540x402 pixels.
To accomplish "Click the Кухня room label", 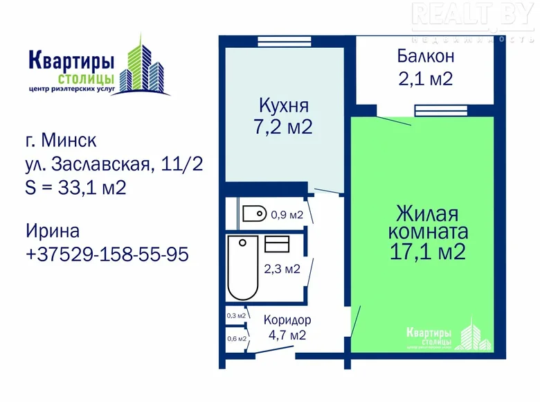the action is pos(284,105).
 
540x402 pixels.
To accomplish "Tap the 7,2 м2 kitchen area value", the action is pos(283,127).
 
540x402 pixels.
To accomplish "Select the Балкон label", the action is pos(426,56).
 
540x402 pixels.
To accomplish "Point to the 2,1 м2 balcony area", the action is pos(426,78).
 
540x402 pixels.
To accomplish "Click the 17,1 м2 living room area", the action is pos(428,252).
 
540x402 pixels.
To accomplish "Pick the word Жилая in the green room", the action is pos(427,213).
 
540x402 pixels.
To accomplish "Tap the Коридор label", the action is pos(287,320).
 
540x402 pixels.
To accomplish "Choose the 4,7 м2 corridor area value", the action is pos(287,335).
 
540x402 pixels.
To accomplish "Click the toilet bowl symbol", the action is pos(255,213).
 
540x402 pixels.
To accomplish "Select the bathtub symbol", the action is pos(243,268).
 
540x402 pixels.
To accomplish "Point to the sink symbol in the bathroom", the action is pos(277,244).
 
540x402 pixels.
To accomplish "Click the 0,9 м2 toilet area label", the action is pos(287,215).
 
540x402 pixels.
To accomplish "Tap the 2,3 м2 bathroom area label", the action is pos(282,268).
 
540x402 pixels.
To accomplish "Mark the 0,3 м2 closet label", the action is pos(236,315).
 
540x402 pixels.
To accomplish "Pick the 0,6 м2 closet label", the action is pos(237,338).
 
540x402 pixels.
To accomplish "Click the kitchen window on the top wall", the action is pos(285,42).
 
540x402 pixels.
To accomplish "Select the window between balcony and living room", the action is pos(441,111).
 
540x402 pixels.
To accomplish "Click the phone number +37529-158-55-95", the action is pos(107,254).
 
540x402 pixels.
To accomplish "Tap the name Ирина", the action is pos(53,231).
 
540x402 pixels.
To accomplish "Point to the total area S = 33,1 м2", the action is pos(75,188).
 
